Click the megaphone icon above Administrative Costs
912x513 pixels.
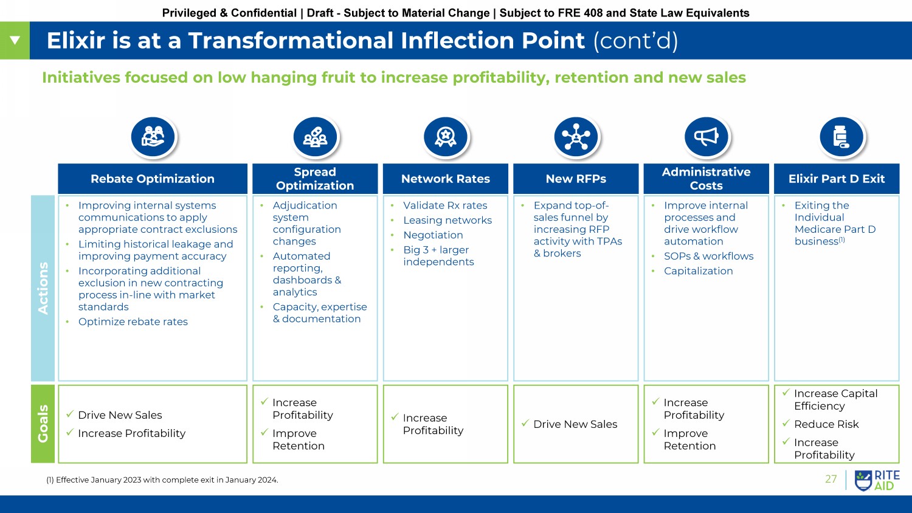click(x=706, y=137)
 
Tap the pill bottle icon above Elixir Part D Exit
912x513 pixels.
click(x=841, y=137)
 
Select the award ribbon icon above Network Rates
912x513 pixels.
click(x=446, y=137)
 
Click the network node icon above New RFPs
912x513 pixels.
click(x=576, y=137)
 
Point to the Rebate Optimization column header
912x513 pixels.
click(x=152, y=179)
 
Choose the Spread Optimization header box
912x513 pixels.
click(x=315, y=179)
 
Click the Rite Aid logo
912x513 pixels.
click(x=877, y=480)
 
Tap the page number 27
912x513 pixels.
click(x=831, y=479)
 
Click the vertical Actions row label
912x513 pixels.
click(x=43, y=288)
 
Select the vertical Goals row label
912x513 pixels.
click(x=43, y=424)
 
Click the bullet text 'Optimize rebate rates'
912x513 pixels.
click(x=133, y=322)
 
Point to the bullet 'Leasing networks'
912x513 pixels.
click(x=447, y=220)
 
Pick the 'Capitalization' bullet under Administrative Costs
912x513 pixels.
click(x=698, y=271)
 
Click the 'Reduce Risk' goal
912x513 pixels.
click(x=826, y=424)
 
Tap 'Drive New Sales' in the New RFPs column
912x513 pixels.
click(x=575, y=424)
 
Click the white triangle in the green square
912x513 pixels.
click(x=15, y=40)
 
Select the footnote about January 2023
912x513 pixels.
click(x=162, y=480)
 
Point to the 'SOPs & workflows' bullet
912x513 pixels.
click(x=708, y=256)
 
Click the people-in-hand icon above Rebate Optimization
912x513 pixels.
click(x=153, y=137)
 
